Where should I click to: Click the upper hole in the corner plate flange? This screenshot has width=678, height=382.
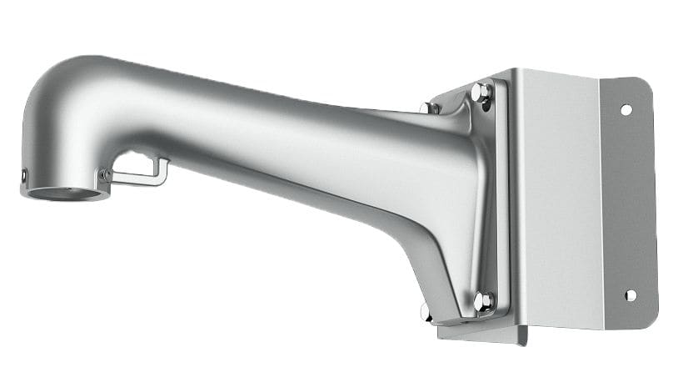click(x=626, y=109)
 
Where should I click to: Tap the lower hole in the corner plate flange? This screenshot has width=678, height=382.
click(x=630, y=295)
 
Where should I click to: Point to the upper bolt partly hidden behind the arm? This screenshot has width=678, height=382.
click(x=430, y=108)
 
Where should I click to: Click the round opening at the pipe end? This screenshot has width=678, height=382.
click(x=66, y=193)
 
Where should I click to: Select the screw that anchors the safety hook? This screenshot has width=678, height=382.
click(x=104, y=175)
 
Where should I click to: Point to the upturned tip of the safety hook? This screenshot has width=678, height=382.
click(x=165, y=168)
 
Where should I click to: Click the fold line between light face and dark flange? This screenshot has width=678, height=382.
click(x=601, y=200)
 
